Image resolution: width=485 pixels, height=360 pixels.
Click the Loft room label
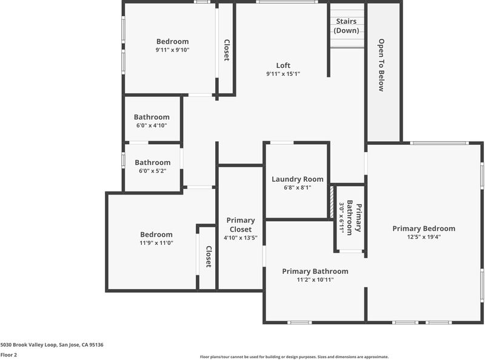(x=283, y=65)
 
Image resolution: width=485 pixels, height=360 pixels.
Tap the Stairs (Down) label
(x=346, y=25)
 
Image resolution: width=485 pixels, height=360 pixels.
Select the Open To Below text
(x=381, y=65)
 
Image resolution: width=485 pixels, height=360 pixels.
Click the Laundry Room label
(x=298, y=179)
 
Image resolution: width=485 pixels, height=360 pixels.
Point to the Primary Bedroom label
(x=424, y=228)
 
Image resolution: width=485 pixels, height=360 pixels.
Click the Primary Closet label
(x=241, y=224)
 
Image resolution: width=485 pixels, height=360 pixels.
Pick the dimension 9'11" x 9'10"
(x=172, y=50)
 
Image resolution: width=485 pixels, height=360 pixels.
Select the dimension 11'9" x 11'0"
(x=156, y=243)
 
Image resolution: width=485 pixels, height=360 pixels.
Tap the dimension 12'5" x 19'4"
(x=424, y=237)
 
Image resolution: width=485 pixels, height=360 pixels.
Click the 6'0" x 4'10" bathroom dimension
(x=152, y=125)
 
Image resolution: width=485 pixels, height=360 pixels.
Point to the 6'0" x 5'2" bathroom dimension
(x=153, y=171)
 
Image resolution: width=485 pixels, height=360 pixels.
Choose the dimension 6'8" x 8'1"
(x=298, y=188)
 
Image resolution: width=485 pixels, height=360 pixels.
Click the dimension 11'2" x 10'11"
(x=315, y=280)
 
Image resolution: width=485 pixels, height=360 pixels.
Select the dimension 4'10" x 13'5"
(x=241, y=238)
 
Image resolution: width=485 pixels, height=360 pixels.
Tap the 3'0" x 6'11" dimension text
(x=342, y=218)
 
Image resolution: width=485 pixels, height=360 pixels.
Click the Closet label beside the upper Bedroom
(x=227, y=50)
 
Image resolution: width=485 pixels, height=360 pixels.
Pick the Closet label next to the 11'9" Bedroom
(x=209, y=257)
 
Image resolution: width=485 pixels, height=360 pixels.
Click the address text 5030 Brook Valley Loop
(x=28, y=344)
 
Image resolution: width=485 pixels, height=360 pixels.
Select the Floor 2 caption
(x=8, y=355)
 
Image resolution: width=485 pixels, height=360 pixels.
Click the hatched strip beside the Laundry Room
(x=332, y=201)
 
